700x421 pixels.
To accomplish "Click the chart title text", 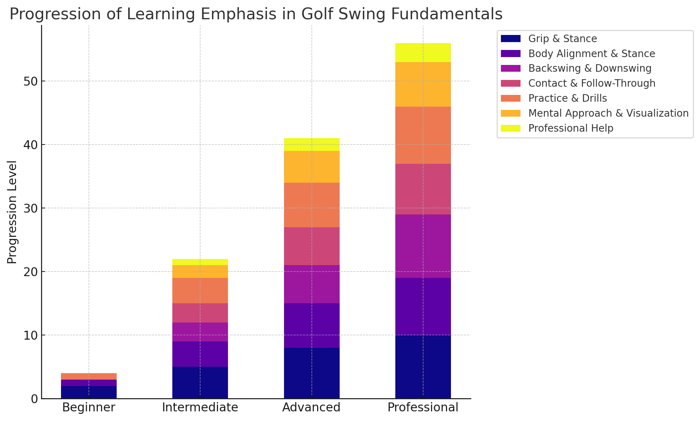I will (256, 14).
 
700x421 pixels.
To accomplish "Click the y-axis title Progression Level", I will (12, 212).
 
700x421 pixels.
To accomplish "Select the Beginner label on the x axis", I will (89, 407).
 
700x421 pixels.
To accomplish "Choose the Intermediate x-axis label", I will (200, 407).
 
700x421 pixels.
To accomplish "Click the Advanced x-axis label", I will (311, 407).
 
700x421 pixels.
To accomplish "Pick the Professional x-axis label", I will (423, 407).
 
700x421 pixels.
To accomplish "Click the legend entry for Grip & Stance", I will (562, 39).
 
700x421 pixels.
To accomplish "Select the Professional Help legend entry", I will (570, 128).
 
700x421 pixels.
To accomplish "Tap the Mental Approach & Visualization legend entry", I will (608, 113).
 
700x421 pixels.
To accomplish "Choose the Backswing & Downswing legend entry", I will (589, 68).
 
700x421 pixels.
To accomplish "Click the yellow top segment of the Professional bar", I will (423, 53).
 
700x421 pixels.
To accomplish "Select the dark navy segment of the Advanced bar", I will (311, 373).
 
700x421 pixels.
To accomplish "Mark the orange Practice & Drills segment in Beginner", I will (89, 376).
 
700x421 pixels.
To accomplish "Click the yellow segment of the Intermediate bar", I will (200, 262).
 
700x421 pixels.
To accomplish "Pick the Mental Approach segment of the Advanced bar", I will (311, 167).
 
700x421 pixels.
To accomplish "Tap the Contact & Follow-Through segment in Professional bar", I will (423, 189).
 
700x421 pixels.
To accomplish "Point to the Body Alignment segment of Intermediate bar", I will (200, 354).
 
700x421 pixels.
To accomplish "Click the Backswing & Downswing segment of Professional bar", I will (423, 246).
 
